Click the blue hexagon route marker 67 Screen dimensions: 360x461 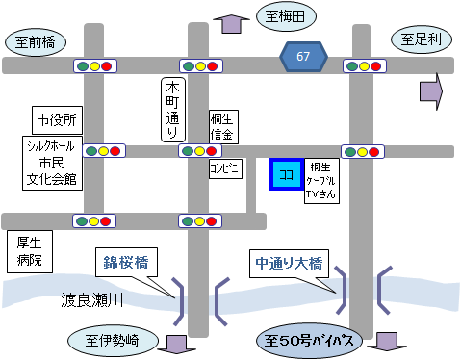pyautogui.click(x=303, y=57)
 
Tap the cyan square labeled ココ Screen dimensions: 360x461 pyautogui.click(x=286, y=176)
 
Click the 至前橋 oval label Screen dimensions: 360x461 pyautogui.click(x=37, y=42)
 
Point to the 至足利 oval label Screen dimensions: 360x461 pyautogui.click(x=421, y=39)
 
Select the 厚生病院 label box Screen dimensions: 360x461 pyautogui.click(x=28, y=251)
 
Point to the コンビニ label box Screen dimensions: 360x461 pyautogui.click(x=224, y=168)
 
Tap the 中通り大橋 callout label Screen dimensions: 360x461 pyautogui.click(x=289, y=261)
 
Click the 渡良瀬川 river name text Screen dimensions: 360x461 pyautogui.click(x=93, y=299)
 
